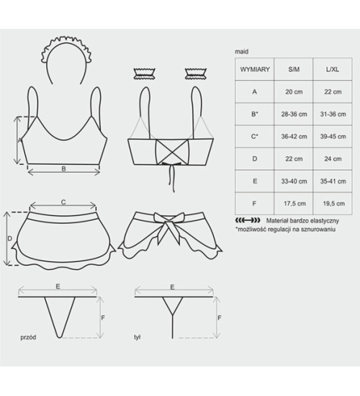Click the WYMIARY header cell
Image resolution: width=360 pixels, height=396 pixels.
click(x=255, y=69)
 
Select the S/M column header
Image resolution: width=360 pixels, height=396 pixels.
click(x=294, y=69)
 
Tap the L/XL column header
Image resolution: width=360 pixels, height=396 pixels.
click(x=333, y=69)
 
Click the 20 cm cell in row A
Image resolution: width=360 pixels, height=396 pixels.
click(x=294, y=92)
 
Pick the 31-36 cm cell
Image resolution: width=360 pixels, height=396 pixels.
click(x=333, y=114)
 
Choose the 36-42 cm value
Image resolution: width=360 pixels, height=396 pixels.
click(x=294, y=136)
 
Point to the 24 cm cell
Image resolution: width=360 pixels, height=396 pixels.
click(x=333, y=159)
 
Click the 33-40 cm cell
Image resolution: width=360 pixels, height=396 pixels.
click(x=294, y=181)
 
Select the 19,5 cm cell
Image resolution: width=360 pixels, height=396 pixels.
click(x=334, y=204)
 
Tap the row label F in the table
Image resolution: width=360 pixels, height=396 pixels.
click(x=254, y=204)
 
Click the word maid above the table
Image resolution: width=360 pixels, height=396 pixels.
click(x=241, y=52)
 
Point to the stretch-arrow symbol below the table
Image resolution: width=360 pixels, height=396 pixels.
click(x=248, y=220)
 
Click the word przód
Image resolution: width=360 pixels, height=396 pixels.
click(x=28, y=338)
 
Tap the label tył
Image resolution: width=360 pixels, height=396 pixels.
click(x=138, y=338)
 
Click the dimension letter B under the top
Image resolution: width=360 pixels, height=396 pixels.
click(x=63, y=168)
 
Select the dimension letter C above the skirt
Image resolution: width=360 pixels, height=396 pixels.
click(x=63, y=202)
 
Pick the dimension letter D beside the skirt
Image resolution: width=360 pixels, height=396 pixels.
click(x=9, y=238)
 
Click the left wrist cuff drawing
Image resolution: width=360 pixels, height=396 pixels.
click(x=144, y=73)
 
